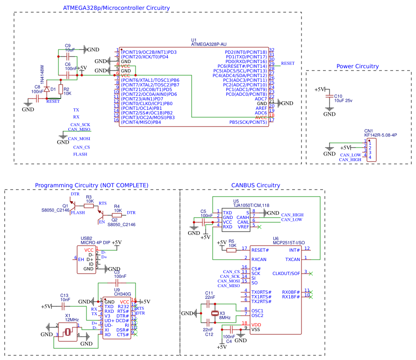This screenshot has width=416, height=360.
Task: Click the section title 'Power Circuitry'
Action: pyautogui.click(x=357, y=66)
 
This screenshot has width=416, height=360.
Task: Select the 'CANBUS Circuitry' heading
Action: pyautogui.click(x=256, y=185)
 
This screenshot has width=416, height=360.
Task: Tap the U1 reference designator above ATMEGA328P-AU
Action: pyautogui.click(x=194, y=40)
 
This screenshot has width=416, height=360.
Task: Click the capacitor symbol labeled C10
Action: pyautogui.click(x=330, y=96)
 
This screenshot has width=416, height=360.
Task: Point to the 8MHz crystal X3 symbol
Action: pyautogui.click(x=215, y=314)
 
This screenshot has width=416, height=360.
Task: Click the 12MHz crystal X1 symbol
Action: pyautogui.click(x=68, y=332)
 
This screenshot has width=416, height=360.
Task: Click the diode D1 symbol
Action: pyautogui.click(x=47, y=89)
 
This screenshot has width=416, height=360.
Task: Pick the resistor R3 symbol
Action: pyautogui.click(x=88, y=205)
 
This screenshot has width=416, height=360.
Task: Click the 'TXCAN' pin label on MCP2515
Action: pyautogui.click(x=293, y=259)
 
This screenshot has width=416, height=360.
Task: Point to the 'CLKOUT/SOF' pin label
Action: pyautogui.click(x=286, y=273)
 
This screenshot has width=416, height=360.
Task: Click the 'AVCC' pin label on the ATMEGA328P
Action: pyautogui.click(x=261, y=117)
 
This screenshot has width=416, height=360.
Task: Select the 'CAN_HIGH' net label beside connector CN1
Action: pyautogui.click(x=350, y=160)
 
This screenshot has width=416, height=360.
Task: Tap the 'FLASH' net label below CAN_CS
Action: pyautogui.click(x=80, y=154)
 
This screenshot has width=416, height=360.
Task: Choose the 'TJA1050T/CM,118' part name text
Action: pyautogui.click(x=251, y=205)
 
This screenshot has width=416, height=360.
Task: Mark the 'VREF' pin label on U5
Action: pyautogui.click(x=244, y=226)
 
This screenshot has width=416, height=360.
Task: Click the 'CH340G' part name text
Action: pyautogui.click(x=122, y=294)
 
